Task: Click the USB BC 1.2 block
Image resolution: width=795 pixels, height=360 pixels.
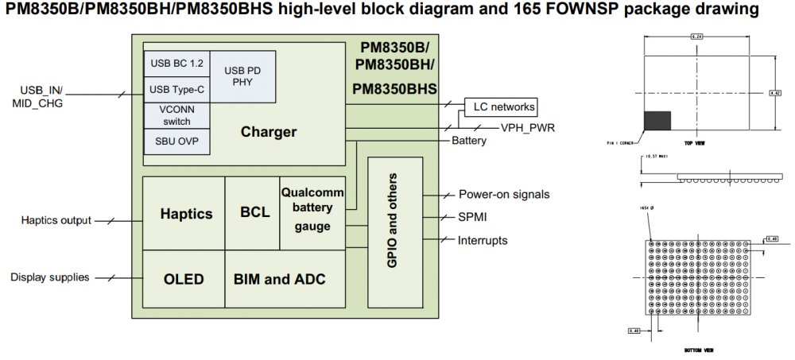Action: point(176,62)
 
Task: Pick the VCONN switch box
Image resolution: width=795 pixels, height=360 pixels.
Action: point(176,114)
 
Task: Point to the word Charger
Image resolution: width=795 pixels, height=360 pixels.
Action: point(269,132)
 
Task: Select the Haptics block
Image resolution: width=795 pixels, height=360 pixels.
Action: point(186,214)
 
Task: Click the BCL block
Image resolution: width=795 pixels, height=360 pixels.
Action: point(254,214)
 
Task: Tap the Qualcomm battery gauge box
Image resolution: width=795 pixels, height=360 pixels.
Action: point(312,211)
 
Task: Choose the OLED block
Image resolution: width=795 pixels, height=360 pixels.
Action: point(184,279)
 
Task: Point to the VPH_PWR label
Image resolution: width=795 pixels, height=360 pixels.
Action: point(527,127)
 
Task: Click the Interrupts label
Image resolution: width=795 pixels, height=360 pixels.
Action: point(483,240)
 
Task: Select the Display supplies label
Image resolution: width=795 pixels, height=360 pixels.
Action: point(49,277)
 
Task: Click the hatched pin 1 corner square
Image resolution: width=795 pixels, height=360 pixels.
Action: point(656,122)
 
